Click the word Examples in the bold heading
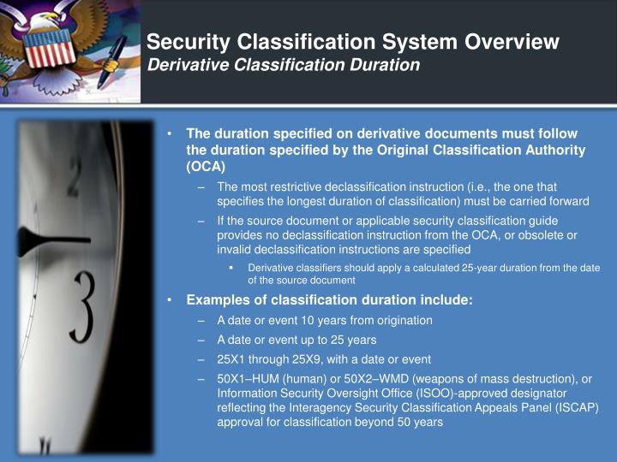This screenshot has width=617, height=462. point(218,299)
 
